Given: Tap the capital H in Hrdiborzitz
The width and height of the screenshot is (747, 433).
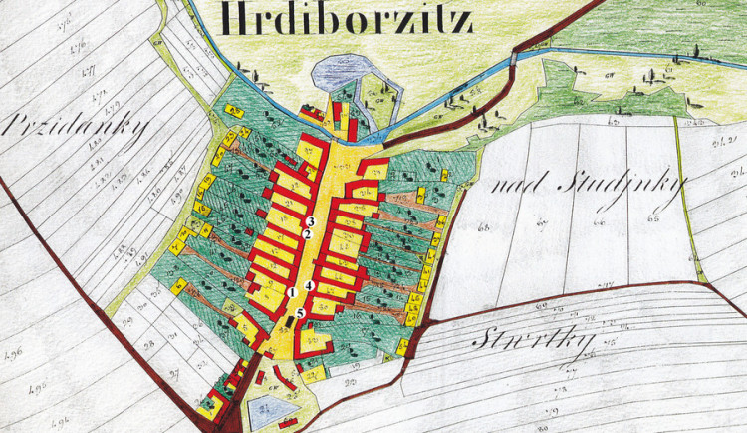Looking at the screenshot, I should (x=236, y=20).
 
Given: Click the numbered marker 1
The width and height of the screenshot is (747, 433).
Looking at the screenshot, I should (x=292, y=291).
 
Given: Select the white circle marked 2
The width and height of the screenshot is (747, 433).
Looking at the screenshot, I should (x=309, y=234).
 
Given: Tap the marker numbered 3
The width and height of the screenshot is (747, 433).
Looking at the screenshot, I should (x=311, y=220).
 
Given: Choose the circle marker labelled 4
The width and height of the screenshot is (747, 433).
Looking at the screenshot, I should (x=309, y=286).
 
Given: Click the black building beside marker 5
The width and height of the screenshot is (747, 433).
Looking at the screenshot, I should (x=290, y=321).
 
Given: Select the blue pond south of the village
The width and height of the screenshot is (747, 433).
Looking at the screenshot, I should (x=265, y=412).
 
